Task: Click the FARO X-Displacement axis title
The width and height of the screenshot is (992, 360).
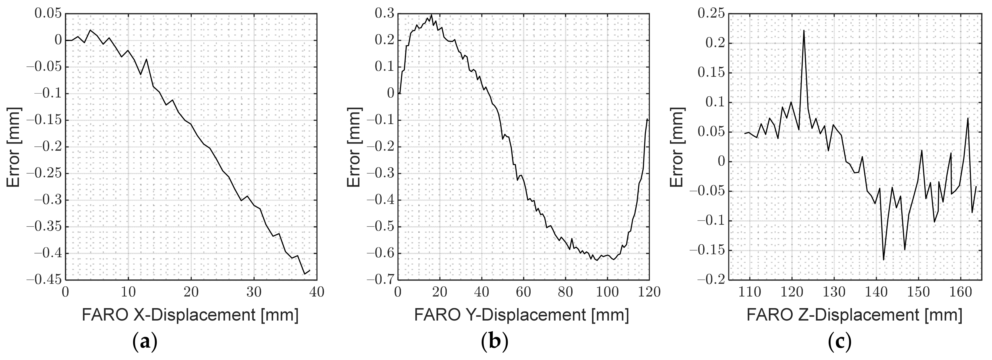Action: [190, 315]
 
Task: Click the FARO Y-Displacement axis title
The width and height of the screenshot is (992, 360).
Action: [521, 315]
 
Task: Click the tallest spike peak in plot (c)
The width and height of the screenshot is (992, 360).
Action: [804, 31]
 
